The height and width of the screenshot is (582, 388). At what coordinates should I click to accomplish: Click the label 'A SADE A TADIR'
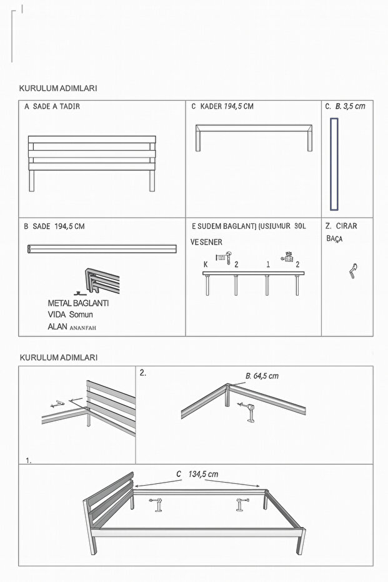[x=52, y=106]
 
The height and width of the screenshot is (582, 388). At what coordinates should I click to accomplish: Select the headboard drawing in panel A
[x=92, y=156]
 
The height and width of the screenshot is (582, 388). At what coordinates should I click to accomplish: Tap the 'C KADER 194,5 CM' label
[x=222, y=106]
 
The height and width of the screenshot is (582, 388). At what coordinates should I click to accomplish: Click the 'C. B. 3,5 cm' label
[x=345, y=106]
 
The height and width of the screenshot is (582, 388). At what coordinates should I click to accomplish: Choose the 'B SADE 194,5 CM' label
[x=54, y=226]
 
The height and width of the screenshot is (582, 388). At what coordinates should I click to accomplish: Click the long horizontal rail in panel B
[x=102, y=249]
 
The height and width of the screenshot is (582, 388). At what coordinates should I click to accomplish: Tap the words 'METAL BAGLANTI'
[x=78, y=303]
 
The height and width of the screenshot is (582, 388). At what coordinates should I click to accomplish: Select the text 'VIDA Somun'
[x=70, y=314]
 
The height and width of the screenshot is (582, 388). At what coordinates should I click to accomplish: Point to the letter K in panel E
[x=206, y=264]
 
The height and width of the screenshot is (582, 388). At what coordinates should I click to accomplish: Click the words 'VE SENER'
[x=206, y=242]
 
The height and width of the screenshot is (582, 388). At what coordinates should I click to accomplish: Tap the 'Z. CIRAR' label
[x=341, y=226]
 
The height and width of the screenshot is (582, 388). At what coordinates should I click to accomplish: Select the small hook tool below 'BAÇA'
[x=354, y=270]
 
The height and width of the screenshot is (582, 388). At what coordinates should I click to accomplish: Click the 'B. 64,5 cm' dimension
[x=262, y=376]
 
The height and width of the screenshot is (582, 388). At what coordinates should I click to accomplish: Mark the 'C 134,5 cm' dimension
[x=197, y=474]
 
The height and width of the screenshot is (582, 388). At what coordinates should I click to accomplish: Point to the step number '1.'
[x=29, y=460]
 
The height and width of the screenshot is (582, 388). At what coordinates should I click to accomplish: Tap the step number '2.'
[x=143, y=373]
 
